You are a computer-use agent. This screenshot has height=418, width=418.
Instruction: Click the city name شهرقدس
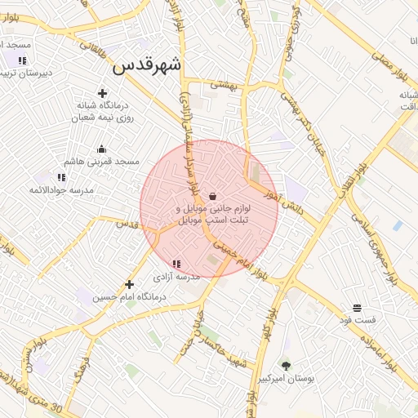coord(147,66)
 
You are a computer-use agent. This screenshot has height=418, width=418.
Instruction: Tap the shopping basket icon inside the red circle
coord(213,196)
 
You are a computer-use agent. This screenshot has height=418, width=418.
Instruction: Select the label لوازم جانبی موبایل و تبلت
coord(211,215)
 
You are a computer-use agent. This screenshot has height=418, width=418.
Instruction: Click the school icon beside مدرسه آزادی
coord(176,263)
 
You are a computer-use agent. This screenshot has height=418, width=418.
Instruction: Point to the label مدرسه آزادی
coord(176,278)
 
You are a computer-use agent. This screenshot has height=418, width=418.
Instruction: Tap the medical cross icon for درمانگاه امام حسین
coord(129,284)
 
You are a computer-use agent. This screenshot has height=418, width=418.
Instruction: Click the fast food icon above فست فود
coord(358,308)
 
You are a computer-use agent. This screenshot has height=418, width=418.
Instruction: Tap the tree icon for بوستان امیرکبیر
coord(286,365)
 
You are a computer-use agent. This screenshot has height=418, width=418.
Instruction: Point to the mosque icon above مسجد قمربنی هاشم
coord(101,149)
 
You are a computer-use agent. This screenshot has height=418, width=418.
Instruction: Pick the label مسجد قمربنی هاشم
coord(102,162)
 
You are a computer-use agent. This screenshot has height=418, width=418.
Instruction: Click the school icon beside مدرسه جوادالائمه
coord(61,176)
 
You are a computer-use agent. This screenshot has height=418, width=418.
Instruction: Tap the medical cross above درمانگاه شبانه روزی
coord(102,93)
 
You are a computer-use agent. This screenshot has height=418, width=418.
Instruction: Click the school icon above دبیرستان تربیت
coord(22,60)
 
